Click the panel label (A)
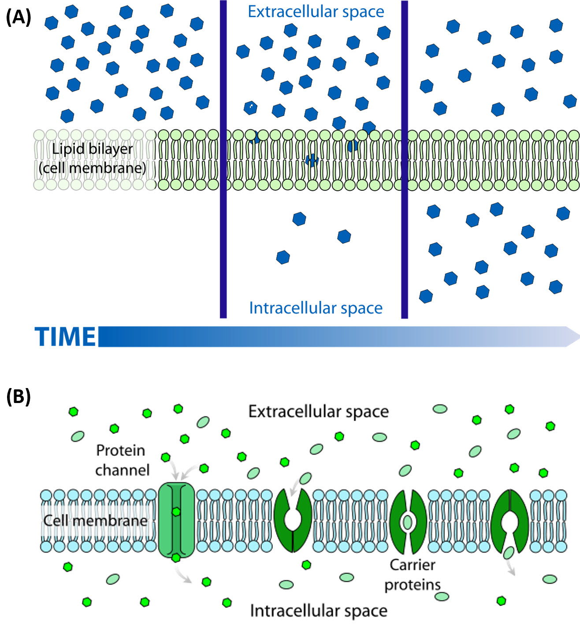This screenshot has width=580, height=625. (x=19, y=17)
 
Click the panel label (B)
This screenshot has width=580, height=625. (x=19, y=396)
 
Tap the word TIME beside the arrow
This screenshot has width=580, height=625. (x=65, y=337)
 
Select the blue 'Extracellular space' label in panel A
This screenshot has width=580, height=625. (x=316, y=12)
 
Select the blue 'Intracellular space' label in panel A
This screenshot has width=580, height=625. (x=316, y=308)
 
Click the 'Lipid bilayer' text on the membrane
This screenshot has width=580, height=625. (x=92, y=149)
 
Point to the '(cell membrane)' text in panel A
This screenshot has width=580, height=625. (x=92, y=168)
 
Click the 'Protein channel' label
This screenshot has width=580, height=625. (x=122, y=460)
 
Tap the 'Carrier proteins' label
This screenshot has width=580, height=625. (x=413, y=574)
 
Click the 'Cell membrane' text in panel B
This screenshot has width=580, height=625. (x=95, y=520)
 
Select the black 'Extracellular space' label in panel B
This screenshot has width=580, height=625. (x=318, y=411)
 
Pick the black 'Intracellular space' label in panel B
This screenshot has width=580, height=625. (x=318, y=610)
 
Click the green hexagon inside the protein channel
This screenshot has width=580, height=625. (x=176, y=512)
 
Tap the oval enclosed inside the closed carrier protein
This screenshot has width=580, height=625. (x=408, y=522)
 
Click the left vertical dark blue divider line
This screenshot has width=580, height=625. (x=223, y=159)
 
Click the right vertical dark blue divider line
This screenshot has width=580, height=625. (x=405, y=159)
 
